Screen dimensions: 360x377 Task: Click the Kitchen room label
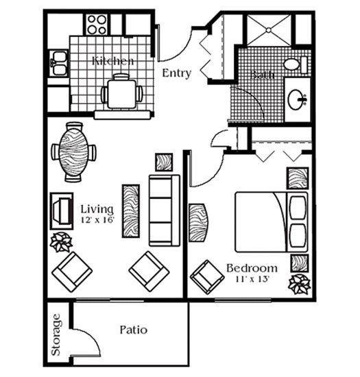[x=112, y=61]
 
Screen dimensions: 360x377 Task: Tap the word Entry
[x=177, y=73]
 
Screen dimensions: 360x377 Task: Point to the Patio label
[x=134, y=330]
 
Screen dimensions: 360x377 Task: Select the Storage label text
[x=56, y=335]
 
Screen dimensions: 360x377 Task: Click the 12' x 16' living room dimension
[x=97, y=220]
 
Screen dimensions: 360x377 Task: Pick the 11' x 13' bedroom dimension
[x=252, y=279]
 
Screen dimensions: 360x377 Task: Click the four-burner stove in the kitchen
[x=97, y=25]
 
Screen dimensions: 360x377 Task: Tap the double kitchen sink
[x=58, y=63]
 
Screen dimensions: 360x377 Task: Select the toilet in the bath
[x=295, y=64]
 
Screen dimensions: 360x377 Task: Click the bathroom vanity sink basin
[x=296, y=99]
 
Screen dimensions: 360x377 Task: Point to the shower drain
[x=269, y=29]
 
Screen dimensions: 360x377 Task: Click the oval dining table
[x=73, y=152]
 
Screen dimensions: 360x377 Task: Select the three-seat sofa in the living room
[x=165, y=210]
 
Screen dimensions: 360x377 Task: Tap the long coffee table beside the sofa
[x=131, y=211]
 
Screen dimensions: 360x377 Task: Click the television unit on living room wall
[x=62, y=211]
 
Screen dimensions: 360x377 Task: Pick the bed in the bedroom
[x=272, y=221]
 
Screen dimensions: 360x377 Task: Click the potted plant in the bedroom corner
[x=300, y=284]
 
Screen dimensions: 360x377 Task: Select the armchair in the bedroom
[x=207, y=277]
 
